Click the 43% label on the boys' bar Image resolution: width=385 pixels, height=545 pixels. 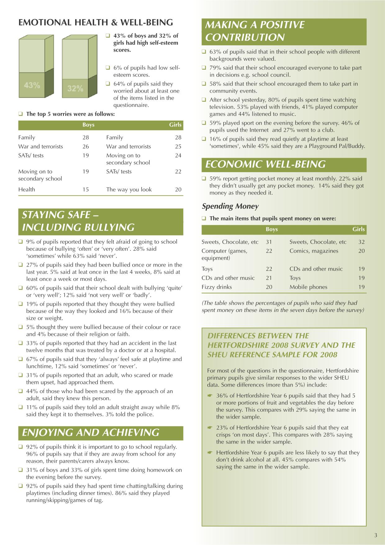coord(32,85)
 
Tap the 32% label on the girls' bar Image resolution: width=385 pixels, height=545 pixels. coord(75,89)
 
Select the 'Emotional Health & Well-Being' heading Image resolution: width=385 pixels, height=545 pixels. coord(96,22)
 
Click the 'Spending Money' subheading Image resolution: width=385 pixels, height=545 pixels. coord(230,206)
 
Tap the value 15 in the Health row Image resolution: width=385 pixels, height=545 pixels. coord(86,190)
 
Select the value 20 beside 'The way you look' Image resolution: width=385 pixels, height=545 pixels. coord(178,190)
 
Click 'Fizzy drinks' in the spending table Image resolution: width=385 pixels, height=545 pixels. coord(217,287)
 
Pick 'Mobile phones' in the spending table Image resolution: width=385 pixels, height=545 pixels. coord(308,287)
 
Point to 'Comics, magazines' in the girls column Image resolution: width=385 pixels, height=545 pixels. coord(314,251)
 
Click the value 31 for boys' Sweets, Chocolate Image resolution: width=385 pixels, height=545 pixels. coord(269,242)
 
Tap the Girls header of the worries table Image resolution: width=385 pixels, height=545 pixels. coord(175,125)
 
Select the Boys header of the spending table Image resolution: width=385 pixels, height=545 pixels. coord(272,230)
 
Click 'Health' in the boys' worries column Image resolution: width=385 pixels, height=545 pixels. coord(27,190)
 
